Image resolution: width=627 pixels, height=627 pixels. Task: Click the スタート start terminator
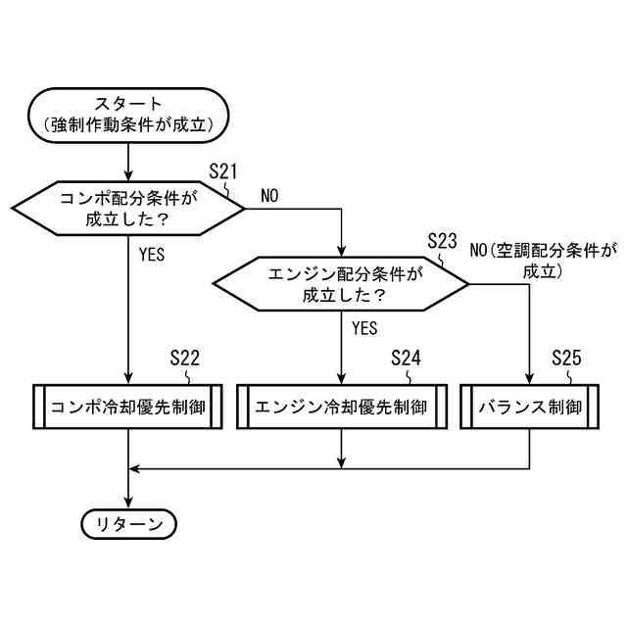[x=129, y=114]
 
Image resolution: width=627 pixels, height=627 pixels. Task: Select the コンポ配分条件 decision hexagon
[x=129, y=209]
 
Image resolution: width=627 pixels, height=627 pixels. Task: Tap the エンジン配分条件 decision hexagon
[x=341, y=284]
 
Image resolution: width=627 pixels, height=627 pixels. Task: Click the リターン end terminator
[x=129, y=524]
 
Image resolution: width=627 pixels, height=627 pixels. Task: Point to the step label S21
[x=224, y=171]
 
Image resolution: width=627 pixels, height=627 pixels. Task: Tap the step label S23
[x=444, y=241]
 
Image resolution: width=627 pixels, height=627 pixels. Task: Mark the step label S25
[x=566, y=358]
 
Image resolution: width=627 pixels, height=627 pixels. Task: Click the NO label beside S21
[x=269, y=196]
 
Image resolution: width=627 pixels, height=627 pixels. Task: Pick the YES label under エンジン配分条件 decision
[x=363, y=328]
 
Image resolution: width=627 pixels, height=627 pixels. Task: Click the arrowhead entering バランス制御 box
[x=530, y=381]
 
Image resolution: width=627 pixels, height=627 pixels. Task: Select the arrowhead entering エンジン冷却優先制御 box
[x=341, y=381]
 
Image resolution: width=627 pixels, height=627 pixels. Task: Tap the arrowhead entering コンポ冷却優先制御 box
[x=129, y=381]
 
